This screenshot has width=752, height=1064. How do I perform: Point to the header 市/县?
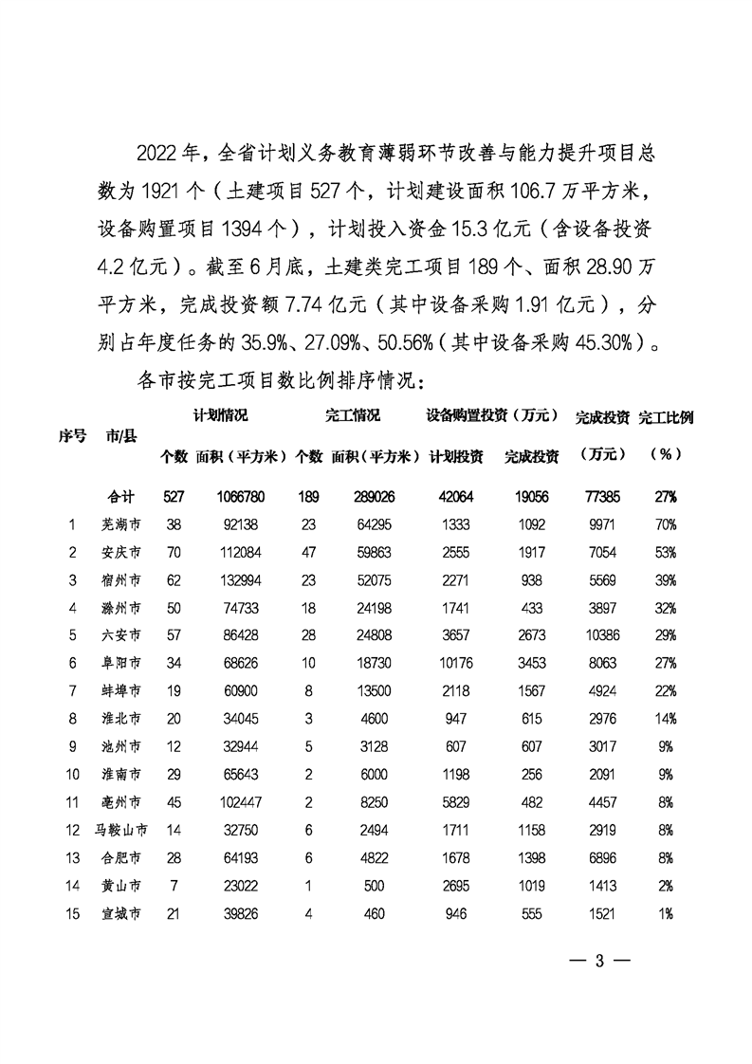[x=123, y=435]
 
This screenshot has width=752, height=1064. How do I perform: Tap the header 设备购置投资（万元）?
[x=490, y=416]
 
